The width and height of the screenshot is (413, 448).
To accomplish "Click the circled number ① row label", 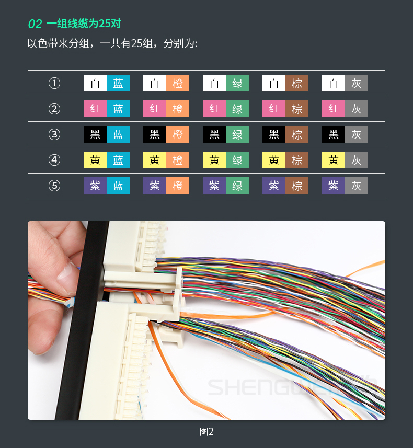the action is (x=54, y=83).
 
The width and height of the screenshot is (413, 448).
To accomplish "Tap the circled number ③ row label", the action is (x=54, y=134).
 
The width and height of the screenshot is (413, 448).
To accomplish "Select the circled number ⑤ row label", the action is (x=54, y=186).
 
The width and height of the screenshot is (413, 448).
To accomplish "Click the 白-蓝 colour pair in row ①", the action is (x=107, y=83).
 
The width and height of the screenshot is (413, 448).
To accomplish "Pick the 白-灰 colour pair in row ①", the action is (x=345, y=83).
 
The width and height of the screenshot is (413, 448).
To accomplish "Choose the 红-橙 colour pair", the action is (x=166, y=109).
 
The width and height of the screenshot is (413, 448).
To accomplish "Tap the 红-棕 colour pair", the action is (x=285, y=109).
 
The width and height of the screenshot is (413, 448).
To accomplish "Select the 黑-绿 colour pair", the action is (x=226, y=134).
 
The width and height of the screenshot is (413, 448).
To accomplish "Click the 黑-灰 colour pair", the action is (x=345, y=134).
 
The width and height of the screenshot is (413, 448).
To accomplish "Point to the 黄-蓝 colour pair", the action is (x=107, y=160).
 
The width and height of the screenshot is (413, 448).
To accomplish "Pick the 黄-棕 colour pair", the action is (x=285, y=160).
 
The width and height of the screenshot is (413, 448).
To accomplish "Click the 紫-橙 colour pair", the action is (x=166, y=186).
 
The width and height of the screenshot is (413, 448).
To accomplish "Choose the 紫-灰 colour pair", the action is (x=345, y=186).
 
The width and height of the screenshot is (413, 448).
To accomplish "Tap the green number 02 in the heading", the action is (x=35, y=24).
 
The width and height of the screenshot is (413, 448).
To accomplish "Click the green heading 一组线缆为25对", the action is (x=84, y=24).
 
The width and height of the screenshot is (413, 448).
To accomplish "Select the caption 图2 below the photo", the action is (x=206, y=431).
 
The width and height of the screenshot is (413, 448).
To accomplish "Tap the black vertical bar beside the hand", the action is (x=83, y=320).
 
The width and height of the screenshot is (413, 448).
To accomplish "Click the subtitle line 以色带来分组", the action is (x=112, y=43).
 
